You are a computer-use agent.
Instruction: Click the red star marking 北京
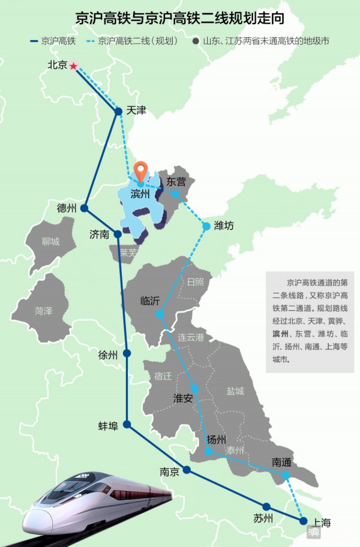click(x=73, y=66)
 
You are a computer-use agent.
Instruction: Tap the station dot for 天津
click(x=118, y=111)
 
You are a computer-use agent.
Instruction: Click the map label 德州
click(x=66, y=208)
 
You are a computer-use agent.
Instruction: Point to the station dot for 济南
click(x=118, y=234)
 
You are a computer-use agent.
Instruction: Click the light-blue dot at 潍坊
click(x=206, y=226)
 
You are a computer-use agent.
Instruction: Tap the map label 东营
click(x=176, y=181)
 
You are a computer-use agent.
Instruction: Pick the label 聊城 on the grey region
click(x=51, y=242)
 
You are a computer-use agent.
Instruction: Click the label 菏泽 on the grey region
click(x=44, y=311)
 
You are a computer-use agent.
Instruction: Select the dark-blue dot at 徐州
click(x=127, y=354)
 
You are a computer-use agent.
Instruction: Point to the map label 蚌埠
click(x=108, y=425)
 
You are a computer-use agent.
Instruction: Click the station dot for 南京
click(x=187, y=470)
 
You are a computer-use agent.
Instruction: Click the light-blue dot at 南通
click(x=286, y=475)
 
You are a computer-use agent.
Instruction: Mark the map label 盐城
click(x=235, y=391)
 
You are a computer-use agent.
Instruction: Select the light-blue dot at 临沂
click(x=159, y=314)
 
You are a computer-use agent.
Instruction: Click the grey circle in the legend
click(x=196, y=41)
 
